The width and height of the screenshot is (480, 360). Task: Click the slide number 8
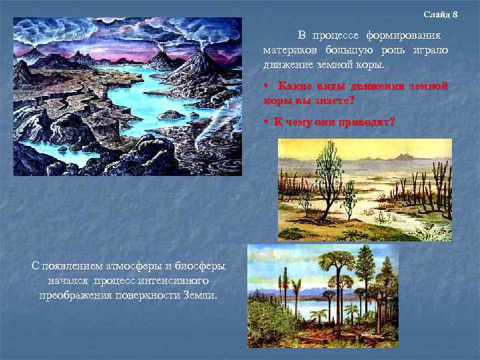[455, 15]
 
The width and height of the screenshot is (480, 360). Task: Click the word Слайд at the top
[435, 15]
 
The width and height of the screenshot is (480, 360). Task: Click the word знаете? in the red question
[333, 100]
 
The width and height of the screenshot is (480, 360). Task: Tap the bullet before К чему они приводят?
[265, 122]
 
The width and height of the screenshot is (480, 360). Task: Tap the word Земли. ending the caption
[201, 295]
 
